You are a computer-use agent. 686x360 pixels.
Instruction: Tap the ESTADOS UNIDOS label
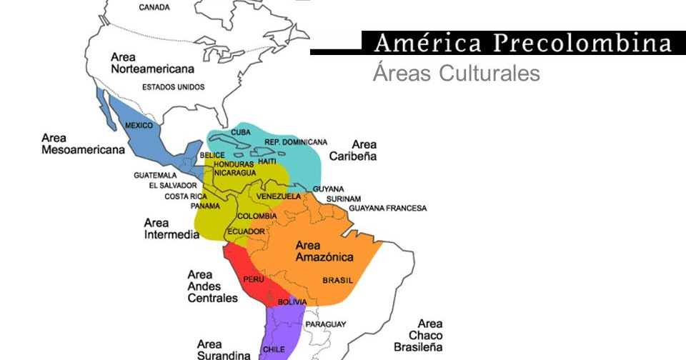point(173,87)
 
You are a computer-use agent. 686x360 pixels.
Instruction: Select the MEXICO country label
point(139,126)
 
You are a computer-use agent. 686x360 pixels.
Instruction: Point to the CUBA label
point(240,132)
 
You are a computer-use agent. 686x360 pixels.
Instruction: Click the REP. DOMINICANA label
point(296,142)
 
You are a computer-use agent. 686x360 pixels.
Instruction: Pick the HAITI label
point(267,161)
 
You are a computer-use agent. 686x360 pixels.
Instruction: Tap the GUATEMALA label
point(155,175)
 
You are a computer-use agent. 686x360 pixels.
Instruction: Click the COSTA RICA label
point(186,196)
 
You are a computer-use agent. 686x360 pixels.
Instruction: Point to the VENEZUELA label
point(278,196)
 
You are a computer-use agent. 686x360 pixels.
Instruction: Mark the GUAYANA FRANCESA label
point(387,209)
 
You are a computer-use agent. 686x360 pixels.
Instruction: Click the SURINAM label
point(344,199)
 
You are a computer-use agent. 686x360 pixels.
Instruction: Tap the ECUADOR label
point(247,231)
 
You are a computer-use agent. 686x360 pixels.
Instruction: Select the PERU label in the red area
point(254,279)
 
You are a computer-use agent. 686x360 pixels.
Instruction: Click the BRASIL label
point(338,281)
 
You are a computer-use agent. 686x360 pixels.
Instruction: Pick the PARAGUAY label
point(326,324)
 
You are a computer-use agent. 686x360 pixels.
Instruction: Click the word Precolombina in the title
point(582,43)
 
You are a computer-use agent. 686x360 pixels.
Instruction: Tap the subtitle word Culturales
point(489,74)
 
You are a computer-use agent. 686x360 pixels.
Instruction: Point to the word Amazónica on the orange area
point(324,257)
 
